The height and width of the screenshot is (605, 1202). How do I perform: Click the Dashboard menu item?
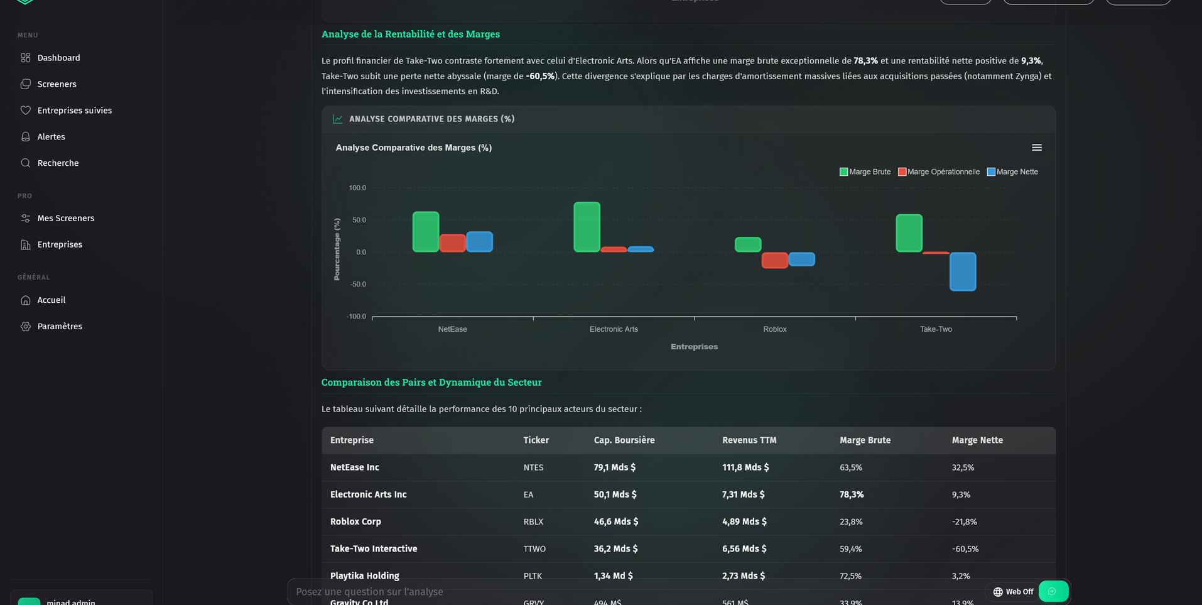pos(58,58)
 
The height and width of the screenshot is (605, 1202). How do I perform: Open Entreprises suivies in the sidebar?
pos(74,111)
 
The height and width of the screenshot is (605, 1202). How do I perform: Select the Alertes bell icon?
pos(26,137)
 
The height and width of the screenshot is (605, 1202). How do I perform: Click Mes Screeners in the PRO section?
pos(65,219)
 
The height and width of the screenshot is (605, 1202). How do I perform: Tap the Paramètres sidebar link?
pos(59,327)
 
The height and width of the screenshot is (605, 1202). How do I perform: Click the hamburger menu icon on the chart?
pos(1036,148)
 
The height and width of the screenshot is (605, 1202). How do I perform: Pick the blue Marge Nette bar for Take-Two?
pos(962,271)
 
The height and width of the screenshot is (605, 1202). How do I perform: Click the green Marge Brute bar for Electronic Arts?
pos(587,227)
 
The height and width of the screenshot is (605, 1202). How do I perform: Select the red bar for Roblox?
pos(774,260)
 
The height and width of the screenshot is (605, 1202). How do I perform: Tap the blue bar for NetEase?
pos(479,242)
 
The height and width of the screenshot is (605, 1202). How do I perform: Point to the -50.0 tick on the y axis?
pos(358,285)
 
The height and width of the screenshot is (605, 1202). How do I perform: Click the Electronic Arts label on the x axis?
pos(613,329)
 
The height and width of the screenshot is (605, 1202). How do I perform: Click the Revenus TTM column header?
pos(749,440)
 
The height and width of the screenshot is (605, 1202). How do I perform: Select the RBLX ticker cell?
pos(533,522)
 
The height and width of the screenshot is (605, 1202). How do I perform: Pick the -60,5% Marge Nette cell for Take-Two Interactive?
pos(965,549)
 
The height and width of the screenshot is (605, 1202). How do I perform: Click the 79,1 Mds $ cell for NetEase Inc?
pos(614,467)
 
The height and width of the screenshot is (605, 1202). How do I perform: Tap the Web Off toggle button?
pos(1012,592)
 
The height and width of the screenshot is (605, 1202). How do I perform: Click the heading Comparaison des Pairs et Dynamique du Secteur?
pos(431,383)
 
